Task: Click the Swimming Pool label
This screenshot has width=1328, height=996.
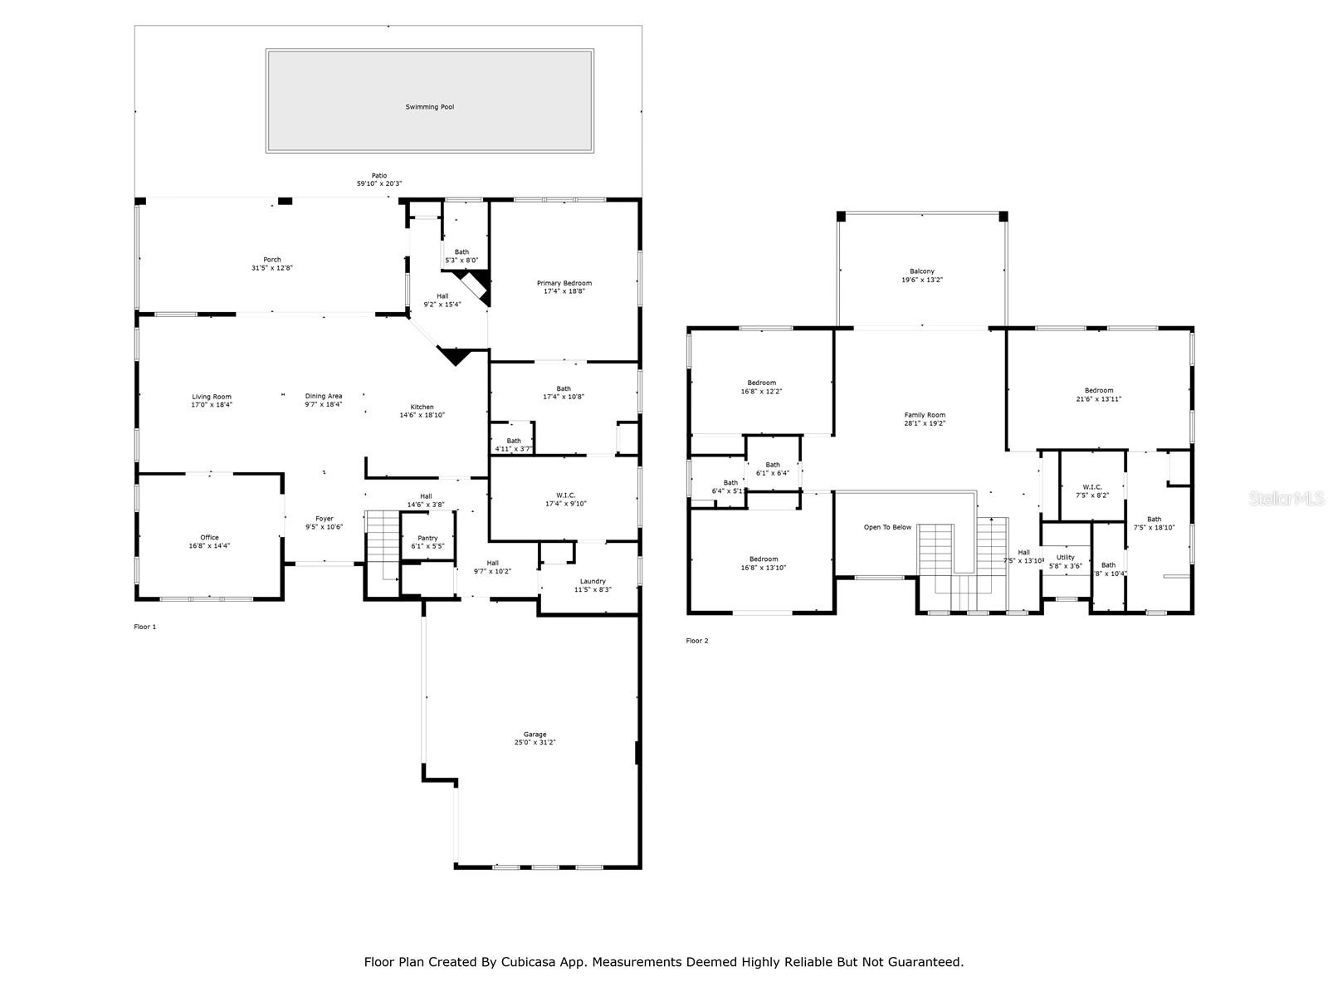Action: tap(429, 107)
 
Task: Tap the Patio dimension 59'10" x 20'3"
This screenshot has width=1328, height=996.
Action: tap(378, 183)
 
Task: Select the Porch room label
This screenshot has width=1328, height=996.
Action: tap(272, 260)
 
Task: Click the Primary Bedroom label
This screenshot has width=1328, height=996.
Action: tap(564, 283)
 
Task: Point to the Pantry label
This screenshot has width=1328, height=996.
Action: tap(427, 539)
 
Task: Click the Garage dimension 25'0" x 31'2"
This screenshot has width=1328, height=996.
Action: tap(535, 743)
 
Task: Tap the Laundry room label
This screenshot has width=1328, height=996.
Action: tap(593, 581)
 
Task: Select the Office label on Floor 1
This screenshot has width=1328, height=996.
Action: tap(209, 538)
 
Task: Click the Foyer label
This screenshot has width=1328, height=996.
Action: tap(324, 519)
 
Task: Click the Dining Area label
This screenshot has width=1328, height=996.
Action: tap(324, 397)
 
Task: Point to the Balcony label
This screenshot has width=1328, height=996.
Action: tap(921, 271)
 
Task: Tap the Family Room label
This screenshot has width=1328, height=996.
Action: tap(925, 415)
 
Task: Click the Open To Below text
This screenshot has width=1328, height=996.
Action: tap(887, 527)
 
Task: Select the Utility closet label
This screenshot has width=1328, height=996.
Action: tap(1065, 558)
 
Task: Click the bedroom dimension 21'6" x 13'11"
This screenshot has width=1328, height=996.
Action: tap(1099, 399)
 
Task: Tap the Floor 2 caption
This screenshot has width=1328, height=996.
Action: tap(697, 641)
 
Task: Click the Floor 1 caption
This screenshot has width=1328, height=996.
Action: tap(145, 627)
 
